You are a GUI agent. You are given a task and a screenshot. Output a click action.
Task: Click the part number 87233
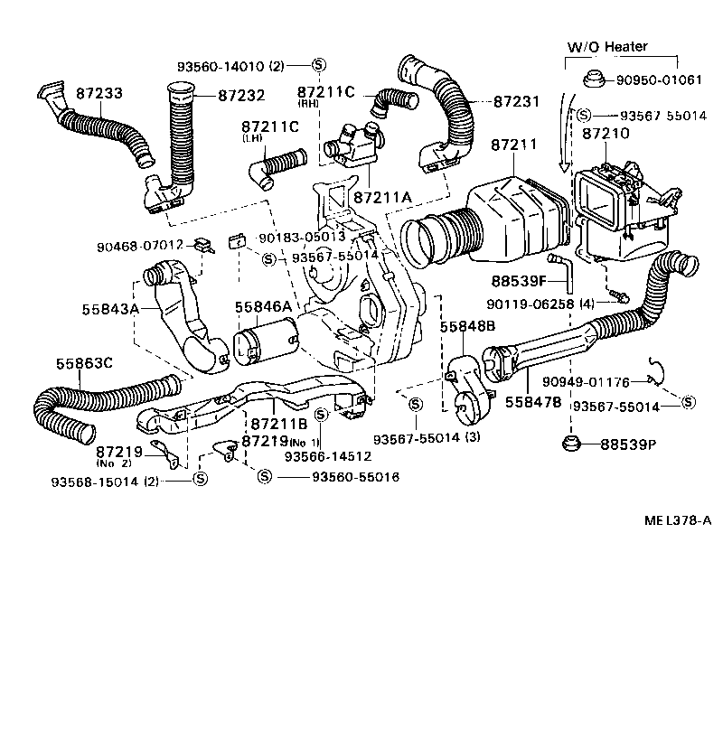coord(100,93)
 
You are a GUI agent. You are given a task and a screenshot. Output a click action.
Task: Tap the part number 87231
coord(518,102)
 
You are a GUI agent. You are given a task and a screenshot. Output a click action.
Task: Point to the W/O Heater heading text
coord(607,46)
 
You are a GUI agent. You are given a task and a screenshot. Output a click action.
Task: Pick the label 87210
coord(606,134)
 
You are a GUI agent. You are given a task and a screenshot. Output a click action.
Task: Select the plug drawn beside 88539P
coord(570,444)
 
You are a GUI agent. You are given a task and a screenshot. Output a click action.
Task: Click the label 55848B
coord(467,326)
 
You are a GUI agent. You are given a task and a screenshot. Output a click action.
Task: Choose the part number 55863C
coord(84,363)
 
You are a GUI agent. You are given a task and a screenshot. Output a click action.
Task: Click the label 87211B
coord(279,423)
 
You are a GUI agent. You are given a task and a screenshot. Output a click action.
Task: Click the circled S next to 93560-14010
coord(318,65)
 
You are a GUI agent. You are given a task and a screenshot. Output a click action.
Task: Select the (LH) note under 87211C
coord(251,138)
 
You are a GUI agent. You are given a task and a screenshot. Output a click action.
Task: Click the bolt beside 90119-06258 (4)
coord(616,295)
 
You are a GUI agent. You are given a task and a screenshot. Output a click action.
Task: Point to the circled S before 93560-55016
coord(265,476)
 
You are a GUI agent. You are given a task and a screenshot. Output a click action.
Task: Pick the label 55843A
coord(110,308)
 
